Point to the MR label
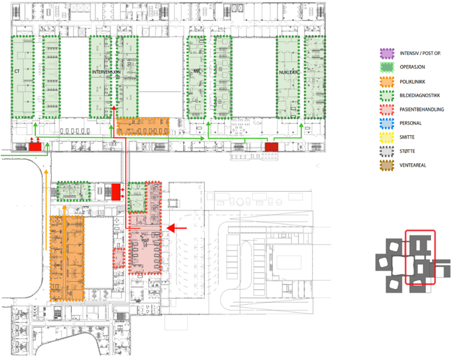click(197, 72)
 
